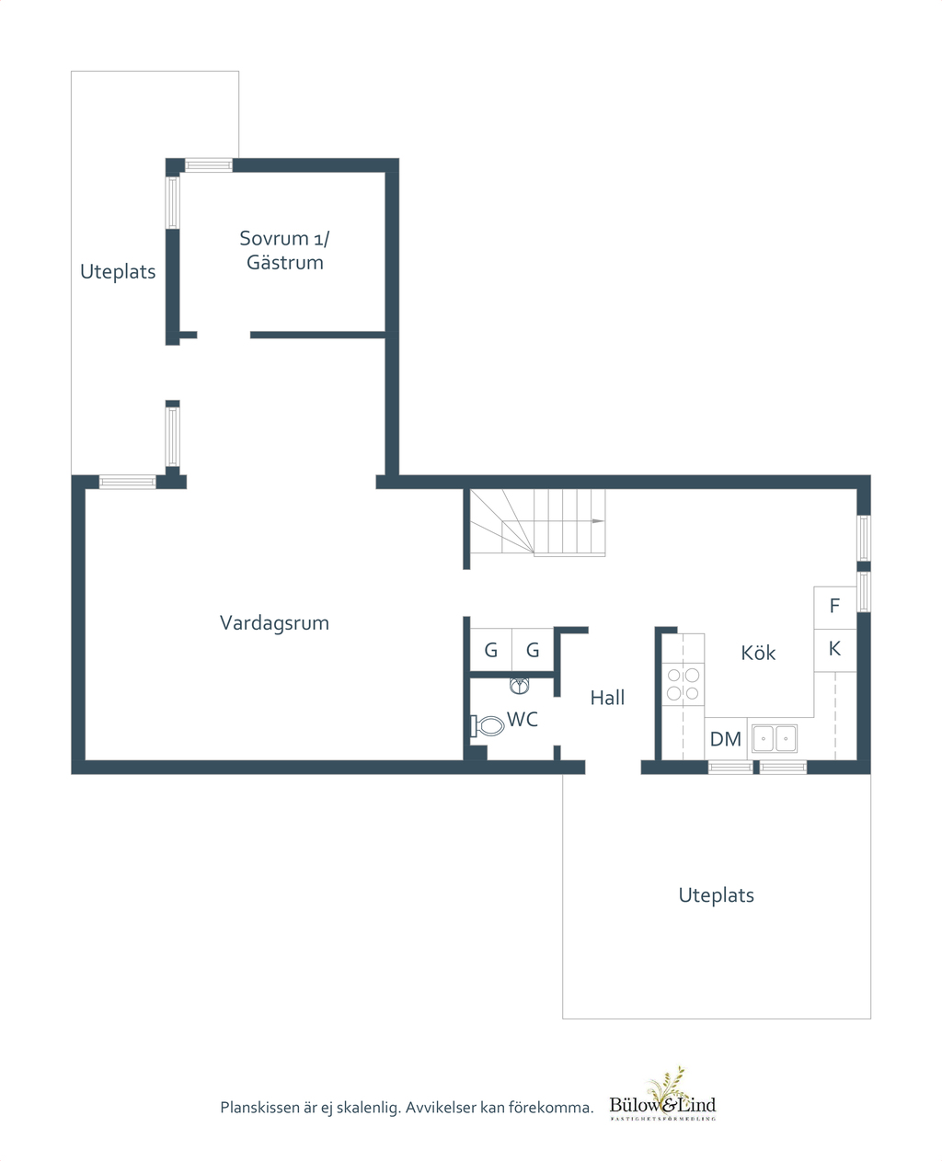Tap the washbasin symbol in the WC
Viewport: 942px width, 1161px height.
tap(519, 686)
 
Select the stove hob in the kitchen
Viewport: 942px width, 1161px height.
tap(683, 685)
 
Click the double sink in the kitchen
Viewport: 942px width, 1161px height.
tap(775, 738)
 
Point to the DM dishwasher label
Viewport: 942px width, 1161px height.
tap(726, 739)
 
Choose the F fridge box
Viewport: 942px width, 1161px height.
tap(834, 608)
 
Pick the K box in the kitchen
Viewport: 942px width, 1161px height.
tap(834, 650)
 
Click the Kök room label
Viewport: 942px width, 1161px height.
tap(758, 653)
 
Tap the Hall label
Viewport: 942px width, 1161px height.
tap(607, 698)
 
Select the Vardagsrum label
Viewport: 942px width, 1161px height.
tap(274, 623)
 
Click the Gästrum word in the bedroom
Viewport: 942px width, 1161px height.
tap(285, 263)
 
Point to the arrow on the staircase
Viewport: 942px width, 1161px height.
tap(598, 521)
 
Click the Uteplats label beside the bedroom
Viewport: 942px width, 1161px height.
tap(118, 271)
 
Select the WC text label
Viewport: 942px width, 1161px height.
tap(523, 720)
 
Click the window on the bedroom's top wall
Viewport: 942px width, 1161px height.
tap(209, 165)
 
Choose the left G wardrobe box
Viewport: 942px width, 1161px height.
tap(491, 650)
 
